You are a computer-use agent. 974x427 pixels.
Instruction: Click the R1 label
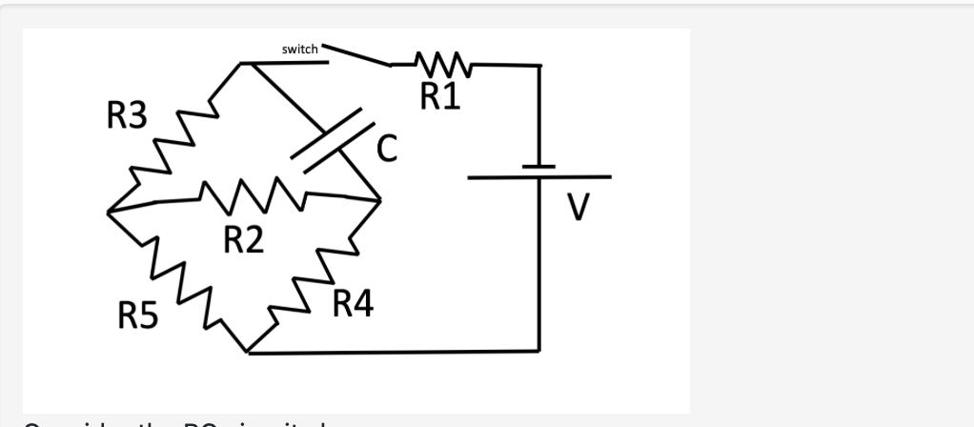(x=440, y=95)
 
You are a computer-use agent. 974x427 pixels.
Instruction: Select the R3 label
(x=127, y=117)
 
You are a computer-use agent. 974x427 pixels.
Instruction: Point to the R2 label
(x=243, y=240)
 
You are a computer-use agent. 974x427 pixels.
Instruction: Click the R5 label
(x=138, y=314)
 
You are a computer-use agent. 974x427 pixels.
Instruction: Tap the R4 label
(x=354, y=306)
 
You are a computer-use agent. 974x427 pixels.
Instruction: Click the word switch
(x=301, y=48)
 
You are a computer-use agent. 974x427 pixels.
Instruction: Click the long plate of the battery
(x=538, y=177)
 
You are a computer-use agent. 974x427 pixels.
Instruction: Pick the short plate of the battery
(x=539, y=167)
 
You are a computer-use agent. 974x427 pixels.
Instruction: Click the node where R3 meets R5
(x=107, y=211)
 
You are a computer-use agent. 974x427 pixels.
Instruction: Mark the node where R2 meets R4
(x=379, y=200)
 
